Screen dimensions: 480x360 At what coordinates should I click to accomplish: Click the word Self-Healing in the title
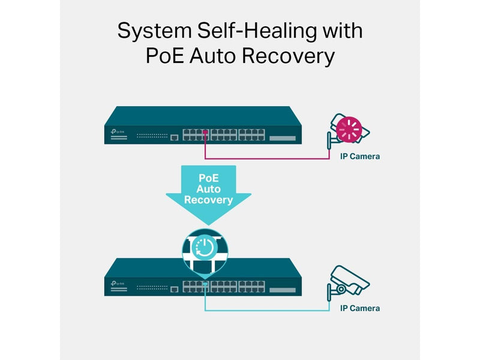click(257, 31)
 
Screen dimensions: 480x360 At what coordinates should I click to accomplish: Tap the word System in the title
click(155, 32)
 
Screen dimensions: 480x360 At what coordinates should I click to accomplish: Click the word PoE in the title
click(164, 56)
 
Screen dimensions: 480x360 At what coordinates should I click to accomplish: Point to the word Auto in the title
click(212, 56)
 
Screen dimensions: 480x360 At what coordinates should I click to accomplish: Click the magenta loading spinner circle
click(349, 130)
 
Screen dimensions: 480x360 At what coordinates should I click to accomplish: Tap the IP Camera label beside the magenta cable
click(360, 157)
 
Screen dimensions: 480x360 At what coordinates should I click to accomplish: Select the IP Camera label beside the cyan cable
click(360, 308)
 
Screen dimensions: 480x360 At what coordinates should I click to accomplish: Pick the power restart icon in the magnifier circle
click(205, 247)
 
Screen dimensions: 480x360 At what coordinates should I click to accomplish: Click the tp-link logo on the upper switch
click(118, 131)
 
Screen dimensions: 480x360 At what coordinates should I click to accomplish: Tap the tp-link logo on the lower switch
click(118, 283)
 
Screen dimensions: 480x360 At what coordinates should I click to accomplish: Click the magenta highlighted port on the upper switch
click(205, 132)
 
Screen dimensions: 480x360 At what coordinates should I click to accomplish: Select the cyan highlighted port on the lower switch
click(205, 284)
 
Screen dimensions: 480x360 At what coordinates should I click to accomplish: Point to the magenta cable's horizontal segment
click(267, 158)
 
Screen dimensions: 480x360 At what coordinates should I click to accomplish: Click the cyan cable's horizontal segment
click(267, 310)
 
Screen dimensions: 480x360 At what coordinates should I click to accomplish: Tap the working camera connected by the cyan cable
click(349, 283)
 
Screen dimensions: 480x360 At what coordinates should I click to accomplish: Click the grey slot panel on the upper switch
click(283, 139)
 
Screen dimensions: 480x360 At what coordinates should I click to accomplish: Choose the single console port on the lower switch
click(174, 289)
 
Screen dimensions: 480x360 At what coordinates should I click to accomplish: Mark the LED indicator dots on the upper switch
click(152, 136)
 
